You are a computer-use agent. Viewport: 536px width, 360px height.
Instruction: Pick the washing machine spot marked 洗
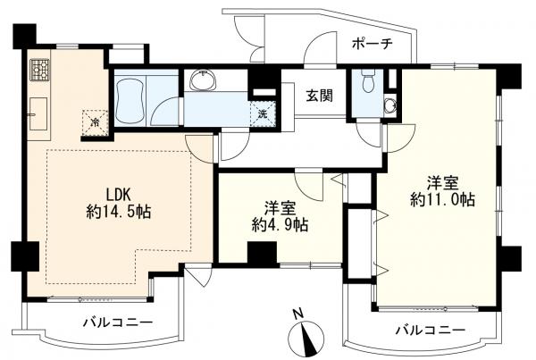263,113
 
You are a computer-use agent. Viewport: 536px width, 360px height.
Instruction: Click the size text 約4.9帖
279,226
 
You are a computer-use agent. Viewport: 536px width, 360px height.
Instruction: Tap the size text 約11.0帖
442,200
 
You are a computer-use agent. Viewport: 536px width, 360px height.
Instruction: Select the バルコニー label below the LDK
117,322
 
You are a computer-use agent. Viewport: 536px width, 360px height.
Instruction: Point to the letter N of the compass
298,314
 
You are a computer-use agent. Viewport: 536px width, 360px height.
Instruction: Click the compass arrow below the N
306,339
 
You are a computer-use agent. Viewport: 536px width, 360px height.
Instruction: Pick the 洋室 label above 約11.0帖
442,182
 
